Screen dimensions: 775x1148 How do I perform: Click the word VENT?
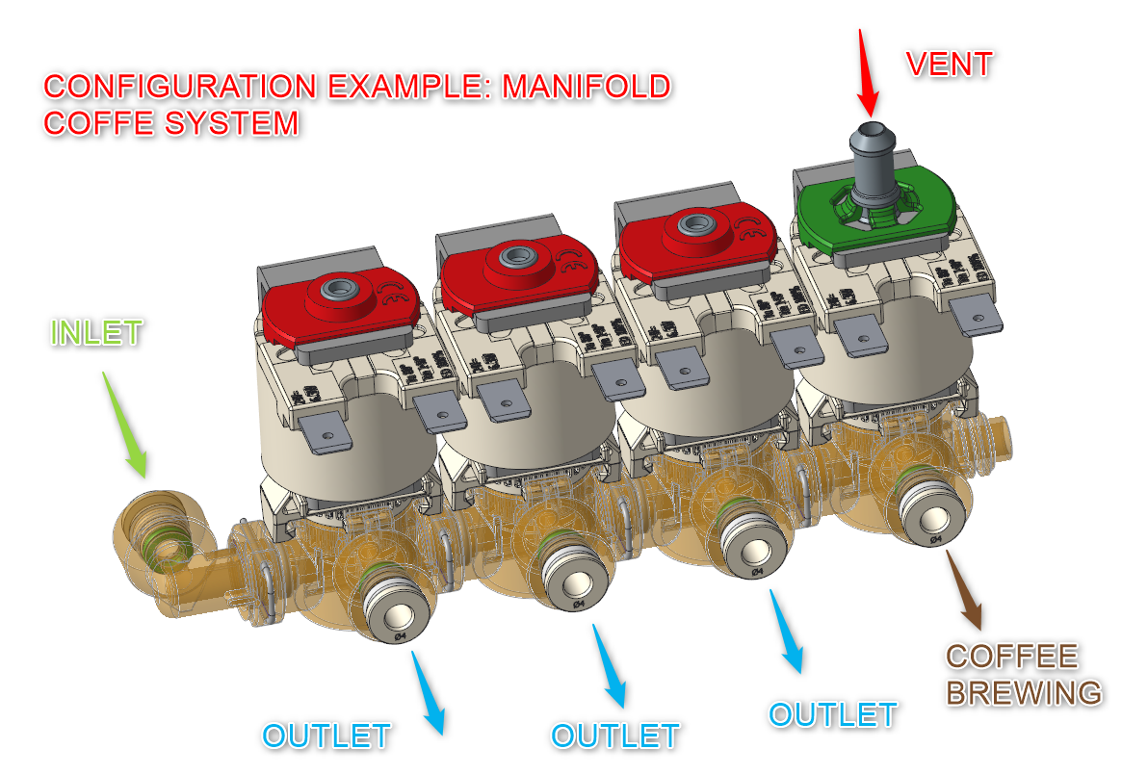949,65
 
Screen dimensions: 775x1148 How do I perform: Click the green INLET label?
96,334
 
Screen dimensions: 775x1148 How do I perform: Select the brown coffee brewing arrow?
966,589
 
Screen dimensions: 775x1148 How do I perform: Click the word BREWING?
1024,692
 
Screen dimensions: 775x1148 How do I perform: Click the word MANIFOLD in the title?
587,87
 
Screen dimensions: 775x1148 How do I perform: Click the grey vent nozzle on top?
872,154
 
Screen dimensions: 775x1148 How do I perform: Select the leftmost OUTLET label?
326,736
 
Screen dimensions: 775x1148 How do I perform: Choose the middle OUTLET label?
615,736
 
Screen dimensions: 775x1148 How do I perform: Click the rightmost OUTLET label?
833,714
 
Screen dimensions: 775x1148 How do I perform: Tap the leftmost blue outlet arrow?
429,693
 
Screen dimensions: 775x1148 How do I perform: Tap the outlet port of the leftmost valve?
395,612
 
